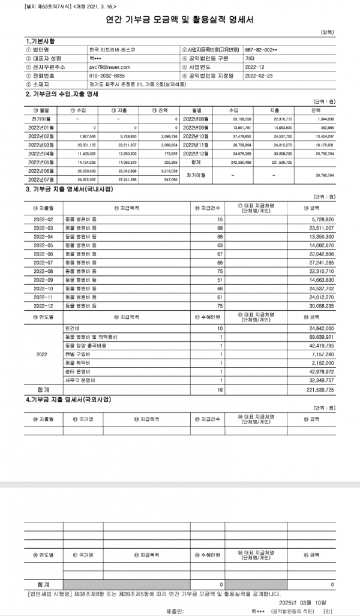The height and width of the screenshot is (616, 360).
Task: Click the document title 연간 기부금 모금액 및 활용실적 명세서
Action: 179,19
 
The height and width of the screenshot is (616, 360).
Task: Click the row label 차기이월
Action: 199,175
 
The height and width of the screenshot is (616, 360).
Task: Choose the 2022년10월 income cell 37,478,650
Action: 238,136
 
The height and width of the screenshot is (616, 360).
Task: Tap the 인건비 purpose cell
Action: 72,329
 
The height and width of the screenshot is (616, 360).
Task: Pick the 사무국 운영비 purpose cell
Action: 76,380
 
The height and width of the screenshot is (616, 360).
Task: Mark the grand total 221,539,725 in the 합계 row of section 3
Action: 319,389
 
